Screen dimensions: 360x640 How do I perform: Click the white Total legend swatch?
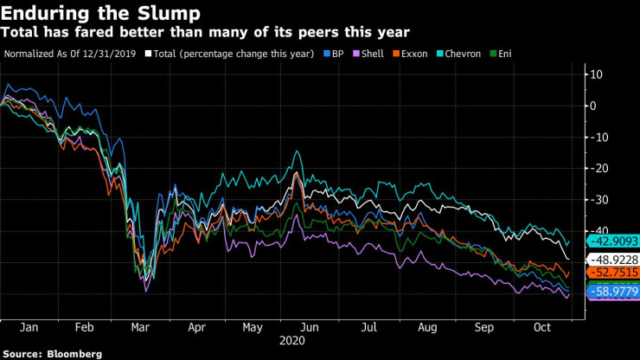150,53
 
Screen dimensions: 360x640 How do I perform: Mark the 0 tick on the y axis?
594,106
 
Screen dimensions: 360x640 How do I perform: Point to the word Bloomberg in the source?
74,353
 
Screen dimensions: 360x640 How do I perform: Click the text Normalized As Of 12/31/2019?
72,53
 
